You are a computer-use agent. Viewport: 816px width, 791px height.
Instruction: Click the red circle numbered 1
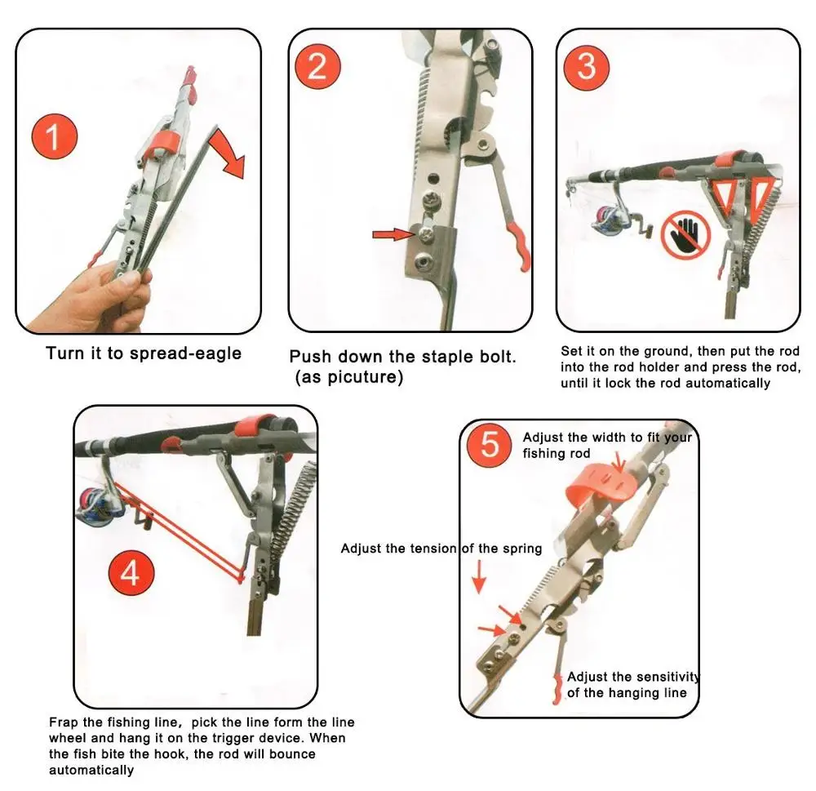pyautogui.click(x=55, y=136)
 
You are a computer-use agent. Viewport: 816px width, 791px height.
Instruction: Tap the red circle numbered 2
pyautogui.click(x=318, y=67)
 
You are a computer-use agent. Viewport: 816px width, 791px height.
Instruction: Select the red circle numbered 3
pyautogui.click(x=587, y=68)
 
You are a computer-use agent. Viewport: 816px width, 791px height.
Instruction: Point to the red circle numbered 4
pyautogui.click(x=131, y=573)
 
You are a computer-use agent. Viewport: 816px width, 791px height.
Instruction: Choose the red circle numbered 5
pyautogui.click(x=489, y=444)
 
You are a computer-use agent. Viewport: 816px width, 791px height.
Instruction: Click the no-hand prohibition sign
pyautogui.click(x=686, y=234)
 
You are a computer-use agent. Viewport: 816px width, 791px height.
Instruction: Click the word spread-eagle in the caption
pyautogui.click(x=186, y=354)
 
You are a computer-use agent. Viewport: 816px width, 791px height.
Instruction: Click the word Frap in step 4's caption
pyautogui.click(x=64, y=722)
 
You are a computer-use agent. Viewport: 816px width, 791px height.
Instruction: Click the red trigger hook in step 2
pyautogui.click(x=521, y=247)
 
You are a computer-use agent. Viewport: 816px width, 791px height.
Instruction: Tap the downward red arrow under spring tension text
pyautogui.click(x=479, y=577)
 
